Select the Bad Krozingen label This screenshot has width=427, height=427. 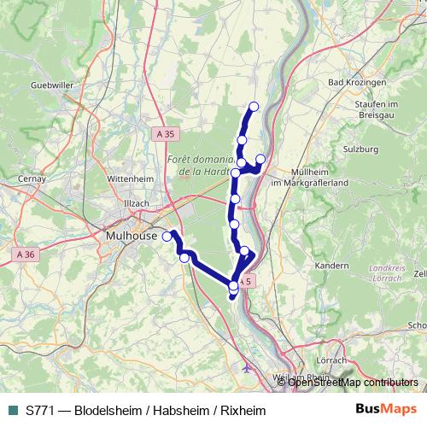[x=354, y=83]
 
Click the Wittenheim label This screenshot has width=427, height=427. [x=130, y=178]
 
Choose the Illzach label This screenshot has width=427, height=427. [x=136, y=202]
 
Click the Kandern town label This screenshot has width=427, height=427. [x=331, y=266]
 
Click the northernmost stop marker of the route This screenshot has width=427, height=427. [x=254, y=107]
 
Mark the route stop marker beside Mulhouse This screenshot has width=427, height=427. [x=167, y=238]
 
